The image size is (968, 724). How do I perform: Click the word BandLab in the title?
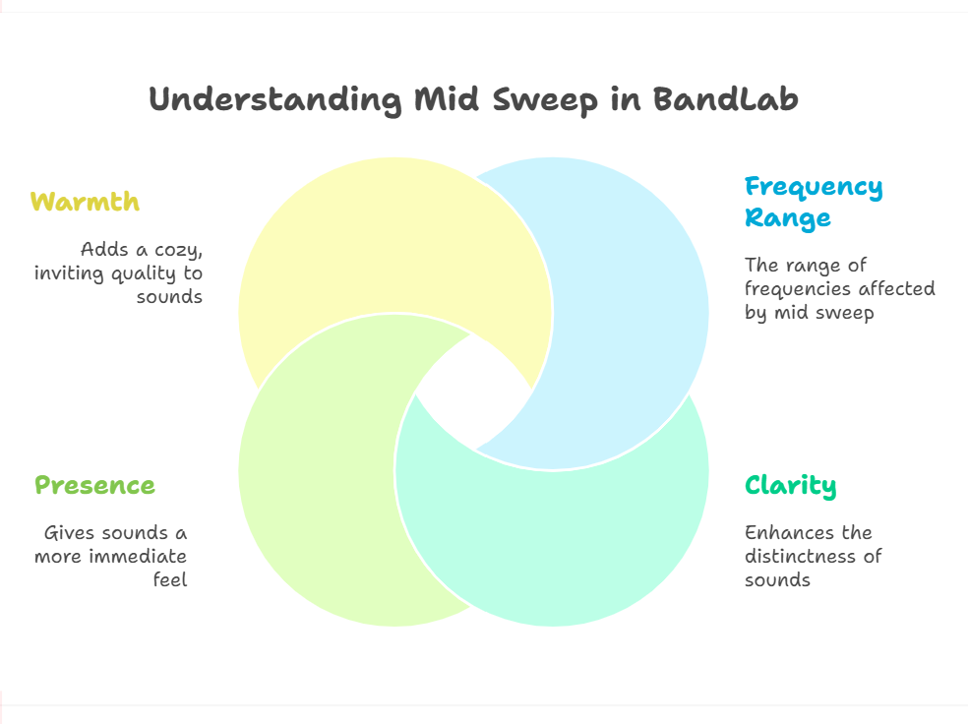(x=725, y=98)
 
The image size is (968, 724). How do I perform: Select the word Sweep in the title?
(x=545, y=100)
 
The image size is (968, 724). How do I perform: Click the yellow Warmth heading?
(x=86, y=202)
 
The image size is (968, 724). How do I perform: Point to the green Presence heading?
(x=94, y=485)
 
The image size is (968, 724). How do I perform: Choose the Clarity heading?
(x=790, y=486)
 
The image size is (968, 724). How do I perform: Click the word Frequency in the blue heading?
(x=814, y=187)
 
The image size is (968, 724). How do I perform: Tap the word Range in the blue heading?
(x=788, y=218)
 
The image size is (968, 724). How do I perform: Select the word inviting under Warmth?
(x=69, y=272)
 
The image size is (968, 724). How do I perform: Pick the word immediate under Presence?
(x=138, y=556)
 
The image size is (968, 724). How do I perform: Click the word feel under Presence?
(x=170, y=579)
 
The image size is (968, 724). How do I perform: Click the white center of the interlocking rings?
(x=473, y=392)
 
